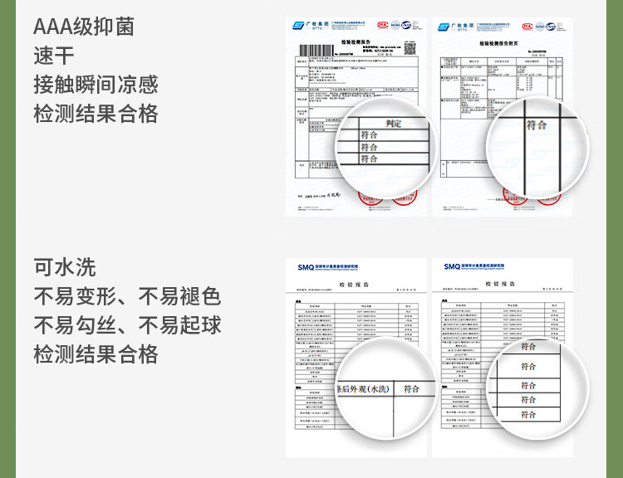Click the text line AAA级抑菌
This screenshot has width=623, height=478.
pos(83,27)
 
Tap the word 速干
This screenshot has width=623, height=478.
pos(54,56)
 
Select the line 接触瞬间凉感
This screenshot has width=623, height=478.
pos(96,85)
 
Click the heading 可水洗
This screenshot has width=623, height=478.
pos(65,267)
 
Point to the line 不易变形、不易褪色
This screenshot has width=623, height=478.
pos(127,296)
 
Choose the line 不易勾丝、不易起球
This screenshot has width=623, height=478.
pos(127,325)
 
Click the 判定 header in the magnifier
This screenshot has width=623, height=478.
pos(394,124)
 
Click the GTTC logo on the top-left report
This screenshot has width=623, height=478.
pos(308,27)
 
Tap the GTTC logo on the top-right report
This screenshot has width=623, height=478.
pos(454,27)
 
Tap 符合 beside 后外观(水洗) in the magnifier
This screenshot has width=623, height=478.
pos(411,388)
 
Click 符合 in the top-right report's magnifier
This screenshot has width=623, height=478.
pos(537,124)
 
